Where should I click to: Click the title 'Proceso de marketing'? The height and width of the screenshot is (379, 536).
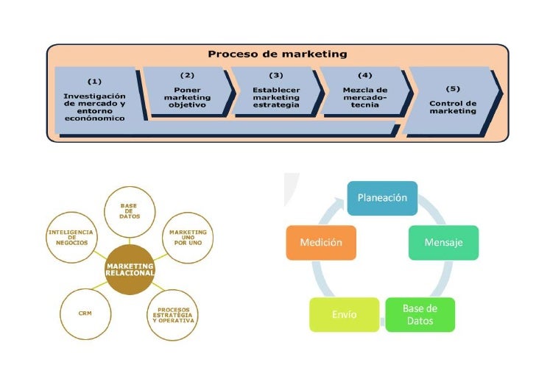(x=277, y=54)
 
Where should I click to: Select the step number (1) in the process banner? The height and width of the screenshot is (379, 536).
(x=95, y=81)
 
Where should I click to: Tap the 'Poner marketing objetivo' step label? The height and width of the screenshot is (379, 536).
(x=187, y=97)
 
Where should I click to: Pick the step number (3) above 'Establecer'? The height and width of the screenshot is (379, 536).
(x=276, y=75)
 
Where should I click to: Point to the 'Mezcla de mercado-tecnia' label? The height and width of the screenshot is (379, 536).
(x=365, y=97)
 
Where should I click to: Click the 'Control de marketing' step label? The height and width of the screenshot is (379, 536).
(x=453, y=107)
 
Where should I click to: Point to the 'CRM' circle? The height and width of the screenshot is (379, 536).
(x=85, y=313)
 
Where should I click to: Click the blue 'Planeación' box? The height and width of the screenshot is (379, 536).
(x=382, y=198)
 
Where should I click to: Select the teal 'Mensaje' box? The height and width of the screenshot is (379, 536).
(x=443, y=242)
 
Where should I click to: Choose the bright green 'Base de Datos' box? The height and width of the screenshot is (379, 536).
(x=420, y=314)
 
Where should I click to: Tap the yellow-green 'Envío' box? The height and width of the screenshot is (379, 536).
(x=344, y=314)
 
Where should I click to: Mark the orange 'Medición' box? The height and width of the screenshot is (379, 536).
(x=321, y=242)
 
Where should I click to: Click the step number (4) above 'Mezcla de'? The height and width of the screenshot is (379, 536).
(x=365, y=75)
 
